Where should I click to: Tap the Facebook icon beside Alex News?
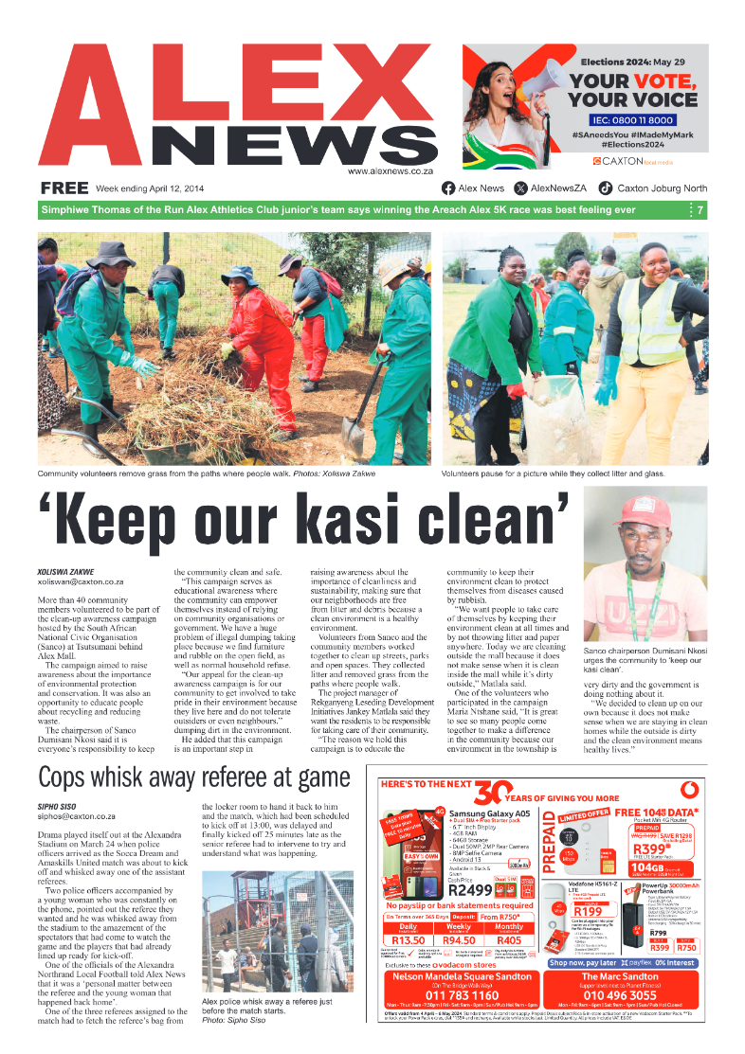[449, 188]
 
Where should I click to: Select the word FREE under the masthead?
[64, 188]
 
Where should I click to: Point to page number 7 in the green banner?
[700, 210]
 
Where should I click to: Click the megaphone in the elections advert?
[548, 83]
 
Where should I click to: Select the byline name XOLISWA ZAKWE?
[65, 572]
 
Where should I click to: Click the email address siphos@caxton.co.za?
[77, 815]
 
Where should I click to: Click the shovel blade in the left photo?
[354, 438]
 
